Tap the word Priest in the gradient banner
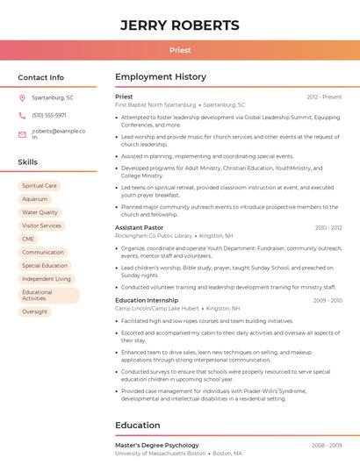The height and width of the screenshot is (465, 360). [x=179, y=50]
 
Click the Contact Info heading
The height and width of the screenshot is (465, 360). [x=41, y=77]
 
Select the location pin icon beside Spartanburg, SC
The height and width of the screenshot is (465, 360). [x=22, y=98]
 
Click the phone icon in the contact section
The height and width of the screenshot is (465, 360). [x=22, y=115]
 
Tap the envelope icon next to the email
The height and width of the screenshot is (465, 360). [x=22, y=134]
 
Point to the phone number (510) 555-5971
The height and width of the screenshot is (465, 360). [x=49, y=115]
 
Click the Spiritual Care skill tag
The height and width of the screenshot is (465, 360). [x=40, y=186]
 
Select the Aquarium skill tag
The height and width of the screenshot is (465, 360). [x=35, y=199]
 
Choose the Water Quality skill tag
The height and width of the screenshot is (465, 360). [x=40, y=212]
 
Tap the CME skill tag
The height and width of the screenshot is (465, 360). [x=28, y=239]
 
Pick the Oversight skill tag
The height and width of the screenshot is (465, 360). [x=35, y=311]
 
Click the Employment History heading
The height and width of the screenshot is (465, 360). [x=161, y=77]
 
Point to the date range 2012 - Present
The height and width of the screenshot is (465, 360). [x=324, y=97]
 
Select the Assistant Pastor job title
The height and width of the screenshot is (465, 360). [x=139, y=227]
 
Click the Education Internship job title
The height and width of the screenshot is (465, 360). [x=146, y=300]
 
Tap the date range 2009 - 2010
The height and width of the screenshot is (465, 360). [x=327, y=300]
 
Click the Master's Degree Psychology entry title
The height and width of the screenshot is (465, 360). [x=156, y=445]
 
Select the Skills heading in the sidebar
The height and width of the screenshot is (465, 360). [x=28, y=162]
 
